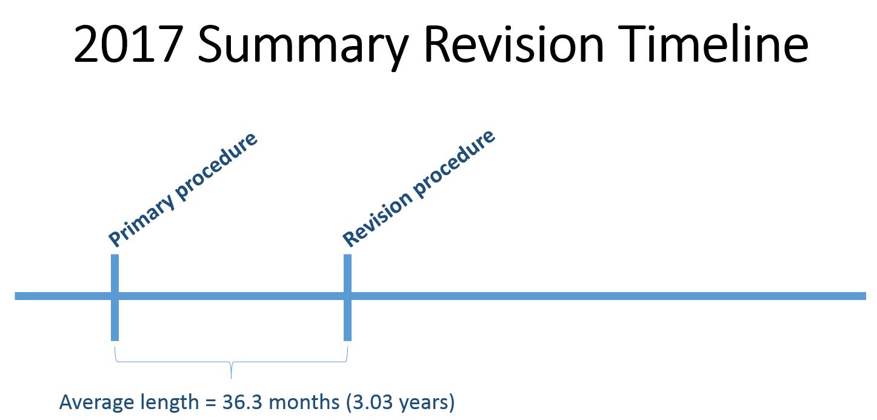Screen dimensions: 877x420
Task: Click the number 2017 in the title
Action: point(128,44)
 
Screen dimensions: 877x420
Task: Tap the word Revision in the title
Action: point(515,43)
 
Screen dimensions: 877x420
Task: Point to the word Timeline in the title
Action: point(713,43)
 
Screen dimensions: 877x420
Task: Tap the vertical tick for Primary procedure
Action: point(115,298)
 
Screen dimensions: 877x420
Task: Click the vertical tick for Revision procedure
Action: point(347,298)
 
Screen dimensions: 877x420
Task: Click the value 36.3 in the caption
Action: point(242,402)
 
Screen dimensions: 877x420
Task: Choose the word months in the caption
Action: point(304,402)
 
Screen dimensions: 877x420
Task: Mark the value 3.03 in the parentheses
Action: point(373,402)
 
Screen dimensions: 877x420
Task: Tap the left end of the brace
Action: point(115,348)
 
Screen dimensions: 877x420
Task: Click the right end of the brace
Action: point(347,348)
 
